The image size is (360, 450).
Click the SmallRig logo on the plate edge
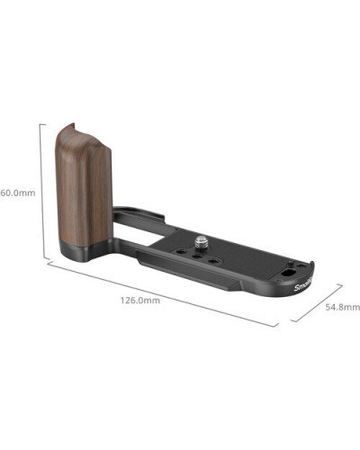pos(299,286)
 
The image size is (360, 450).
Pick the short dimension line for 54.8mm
pos(319,304)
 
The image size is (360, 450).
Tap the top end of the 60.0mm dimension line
pos(40,122)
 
